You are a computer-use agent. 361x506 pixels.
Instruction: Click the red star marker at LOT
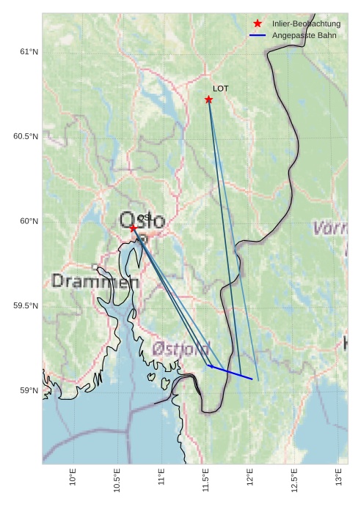click(208, 100)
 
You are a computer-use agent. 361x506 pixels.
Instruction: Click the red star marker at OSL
click(133, 228)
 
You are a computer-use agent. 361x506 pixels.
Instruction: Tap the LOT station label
click(221, 89)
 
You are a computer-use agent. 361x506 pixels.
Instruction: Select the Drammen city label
click(95, 281)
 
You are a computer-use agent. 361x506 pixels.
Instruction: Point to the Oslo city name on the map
click(142, 220)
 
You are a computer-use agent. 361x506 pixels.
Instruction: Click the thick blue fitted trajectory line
click(230, 372)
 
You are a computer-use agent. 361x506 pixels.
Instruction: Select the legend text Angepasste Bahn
click(299, 35)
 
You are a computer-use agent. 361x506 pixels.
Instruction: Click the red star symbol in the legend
click(257, 24)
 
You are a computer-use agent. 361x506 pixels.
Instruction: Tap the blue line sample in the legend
click(257, 35)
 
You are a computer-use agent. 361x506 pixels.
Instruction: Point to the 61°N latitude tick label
click(28, 52)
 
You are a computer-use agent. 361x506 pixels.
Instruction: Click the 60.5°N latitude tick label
click(25, 137)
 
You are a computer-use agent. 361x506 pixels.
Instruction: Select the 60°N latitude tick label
click(28, 221)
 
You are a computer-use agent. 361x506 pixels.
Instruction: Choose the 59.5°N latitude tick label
click(25, 305)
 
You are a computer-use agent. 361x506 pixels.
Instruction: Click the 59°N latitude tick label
click(28, 390)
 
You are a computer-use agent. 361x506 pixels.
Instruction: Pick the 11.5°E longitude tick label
click(205, 480)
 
